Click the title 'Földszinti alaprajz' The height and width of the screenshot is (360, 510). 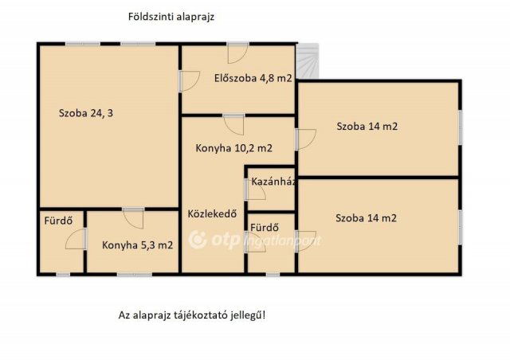coord(171,16)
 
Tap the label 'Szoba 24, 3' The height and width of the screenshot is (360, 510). coord(85,113)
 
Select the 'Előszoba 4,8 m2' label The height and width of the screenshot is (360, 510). coord(253,78)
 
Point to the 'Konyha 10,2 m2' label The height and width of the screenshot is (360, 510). coord(233,148)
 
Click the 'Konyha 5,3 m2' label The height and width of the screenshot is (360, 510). coord(137,245)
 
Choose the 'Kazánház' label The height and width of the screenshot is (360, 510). coord(273,182)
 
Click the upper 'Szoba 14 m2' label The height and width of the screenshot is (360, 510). coord(367,126)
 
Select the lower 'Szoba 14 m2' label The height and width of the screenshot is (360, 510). coord(366,217)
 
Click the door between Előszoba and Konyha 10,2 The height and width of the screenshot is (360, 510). coord(233,124)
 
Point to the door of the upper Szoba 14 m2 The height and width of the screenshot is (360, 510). coord(303,139)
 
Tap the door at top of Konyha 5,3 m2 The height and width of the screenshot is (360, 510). coord(133,217)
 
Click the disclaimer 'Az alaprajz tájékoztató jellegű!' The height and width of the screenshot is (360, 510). coord(191,315)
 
